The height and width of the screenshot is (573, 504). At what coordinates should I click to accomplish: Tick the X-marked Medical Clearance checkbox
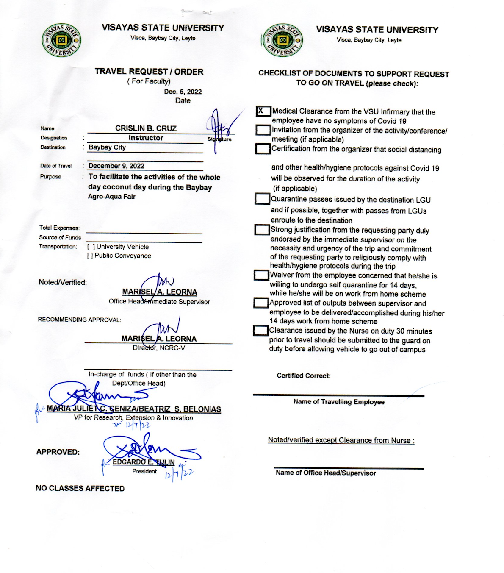[x=263, y=111]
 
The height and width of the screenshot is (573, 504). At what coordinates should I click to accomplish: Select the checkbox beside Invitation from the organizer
[x=263, y=130]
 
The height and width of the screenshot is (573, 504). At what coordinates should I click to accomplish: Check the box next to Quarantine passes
[x=262, y=199]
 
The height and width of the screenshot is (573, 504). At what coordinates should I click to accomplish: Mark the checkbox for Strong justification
[x=262, y=230]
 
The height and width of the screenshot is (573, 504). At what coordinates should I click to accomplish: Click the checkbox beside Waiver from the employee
[x=261, y=275]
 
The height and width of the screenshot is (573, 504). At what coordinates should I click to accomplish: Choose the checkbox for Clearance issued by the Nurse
[x=260, y=331]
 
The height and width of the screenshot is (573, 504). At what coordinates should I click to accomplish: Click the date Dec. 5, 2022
[x=183, y=92]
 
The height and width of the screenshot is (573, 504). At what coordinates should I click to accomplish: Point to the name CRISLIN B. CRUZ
[x=146, y=128]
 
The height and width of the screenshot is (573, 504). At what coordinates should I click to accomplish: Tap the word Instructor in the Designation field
[x=146, y=138]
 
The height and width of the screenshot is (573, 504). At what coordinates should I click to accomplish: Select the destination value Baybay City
[x=107, y=147]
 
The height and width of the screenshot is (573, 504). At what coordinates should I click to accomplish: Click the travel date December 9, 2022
[x=116, y=166]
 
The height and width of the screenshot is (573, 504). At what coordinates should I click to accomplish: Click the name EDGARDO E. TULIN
[x=144, y=462]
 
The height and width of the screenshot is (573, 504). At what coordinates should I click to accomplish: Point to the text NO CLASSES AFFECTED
[x=80, y=488]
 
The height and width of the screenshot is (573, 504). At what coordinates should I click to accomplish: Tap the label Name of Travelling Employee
[x=339, y=402]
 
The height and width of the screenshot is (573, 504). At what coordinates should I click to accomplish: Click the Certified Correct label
[x=304, y=376]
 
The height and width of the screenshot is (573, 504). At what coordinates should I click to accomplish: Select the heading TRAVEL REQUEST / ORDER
[x=149, y=72]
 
